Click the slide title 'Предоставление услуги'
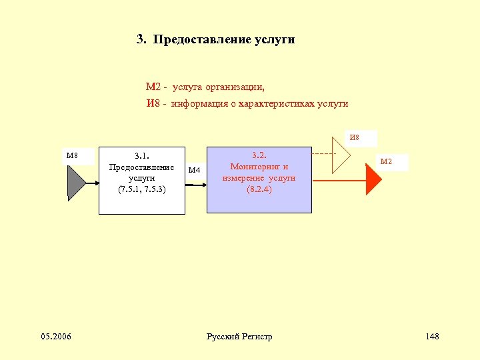(x=223, y=39)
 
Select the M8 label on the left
(x=72, y=156)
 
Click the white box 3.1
(x=142, y=180)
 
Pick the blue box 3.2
(x=259, y=180)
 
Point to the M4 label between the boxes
(x=195, y=170)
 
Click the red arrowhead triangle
(x=374, y=180)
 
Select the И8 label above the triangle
(x=354, y=137)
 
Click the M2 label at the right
(x=386, y=161)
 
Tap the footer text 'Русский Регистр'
(x=240, y=337)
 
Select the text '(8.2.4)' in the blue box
(x=259, y=189)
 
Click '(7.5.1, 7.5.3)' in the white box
(x=142, y=189)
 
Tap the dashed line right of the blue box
(x=323, y=154)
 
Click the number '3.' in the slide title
(x=141, y=39)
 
